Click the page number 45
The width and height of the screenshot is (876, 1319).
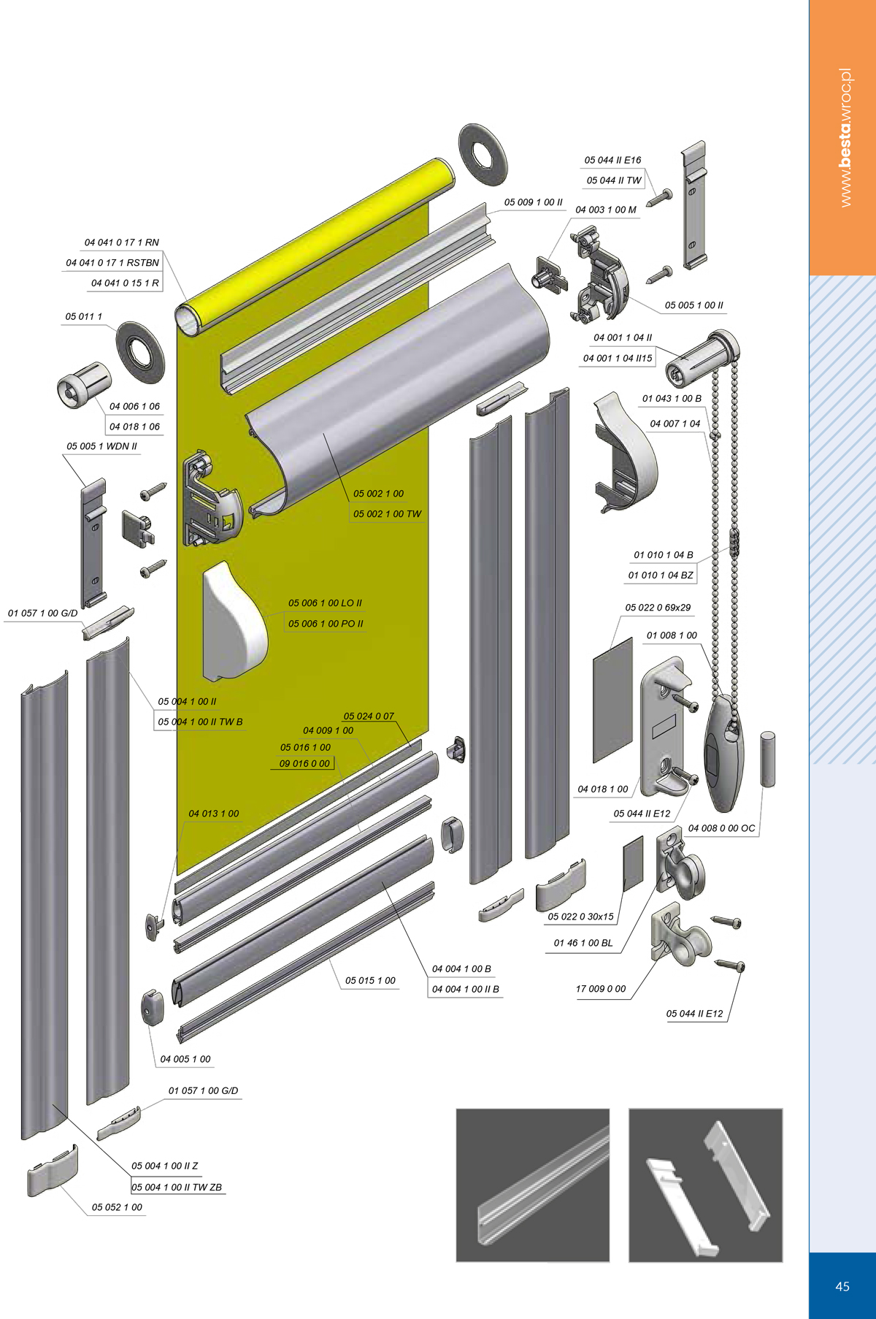pos(842,1286)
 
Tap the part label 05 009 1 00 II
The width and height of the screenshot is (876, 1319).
pos(534,202)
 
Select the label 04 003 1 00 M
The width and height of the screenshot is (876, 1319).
pos(606,210)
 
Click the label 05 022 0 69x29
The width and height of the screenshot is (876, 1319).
pos(658,608)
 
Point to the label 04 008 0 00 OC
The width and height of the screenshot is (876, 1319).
pos(722,828)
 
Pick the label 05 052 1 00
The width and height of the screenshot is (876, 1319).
pos(117,1207)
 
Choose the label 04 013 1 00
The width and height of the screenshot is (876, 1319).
pos(214,814)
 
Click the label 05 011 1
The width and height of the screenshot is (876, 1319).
pos(84,317)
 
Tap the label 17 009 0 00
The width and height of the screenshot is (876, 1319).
pos(601,989)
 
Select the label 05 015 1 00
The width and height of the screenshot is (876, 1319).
pos(371,981)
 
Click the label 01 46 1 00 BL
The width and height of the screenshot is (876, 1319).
pos(583,943)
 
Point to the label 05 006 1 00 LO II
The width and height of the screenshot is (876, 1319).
pos(325,603)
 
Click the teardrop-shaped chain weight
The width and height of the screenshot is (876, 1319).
pos(723,752)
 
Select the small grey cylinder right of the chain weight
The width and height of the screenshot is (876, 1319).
pos(768,759)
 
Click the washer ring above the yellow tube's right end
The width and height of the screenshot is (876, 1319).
pos(483,154)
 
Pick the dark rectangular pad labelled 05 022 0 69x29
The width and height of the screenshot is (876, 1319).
pos(612,700)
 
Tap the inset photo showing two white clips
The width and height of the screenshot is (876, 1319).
pos(705,1185)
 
